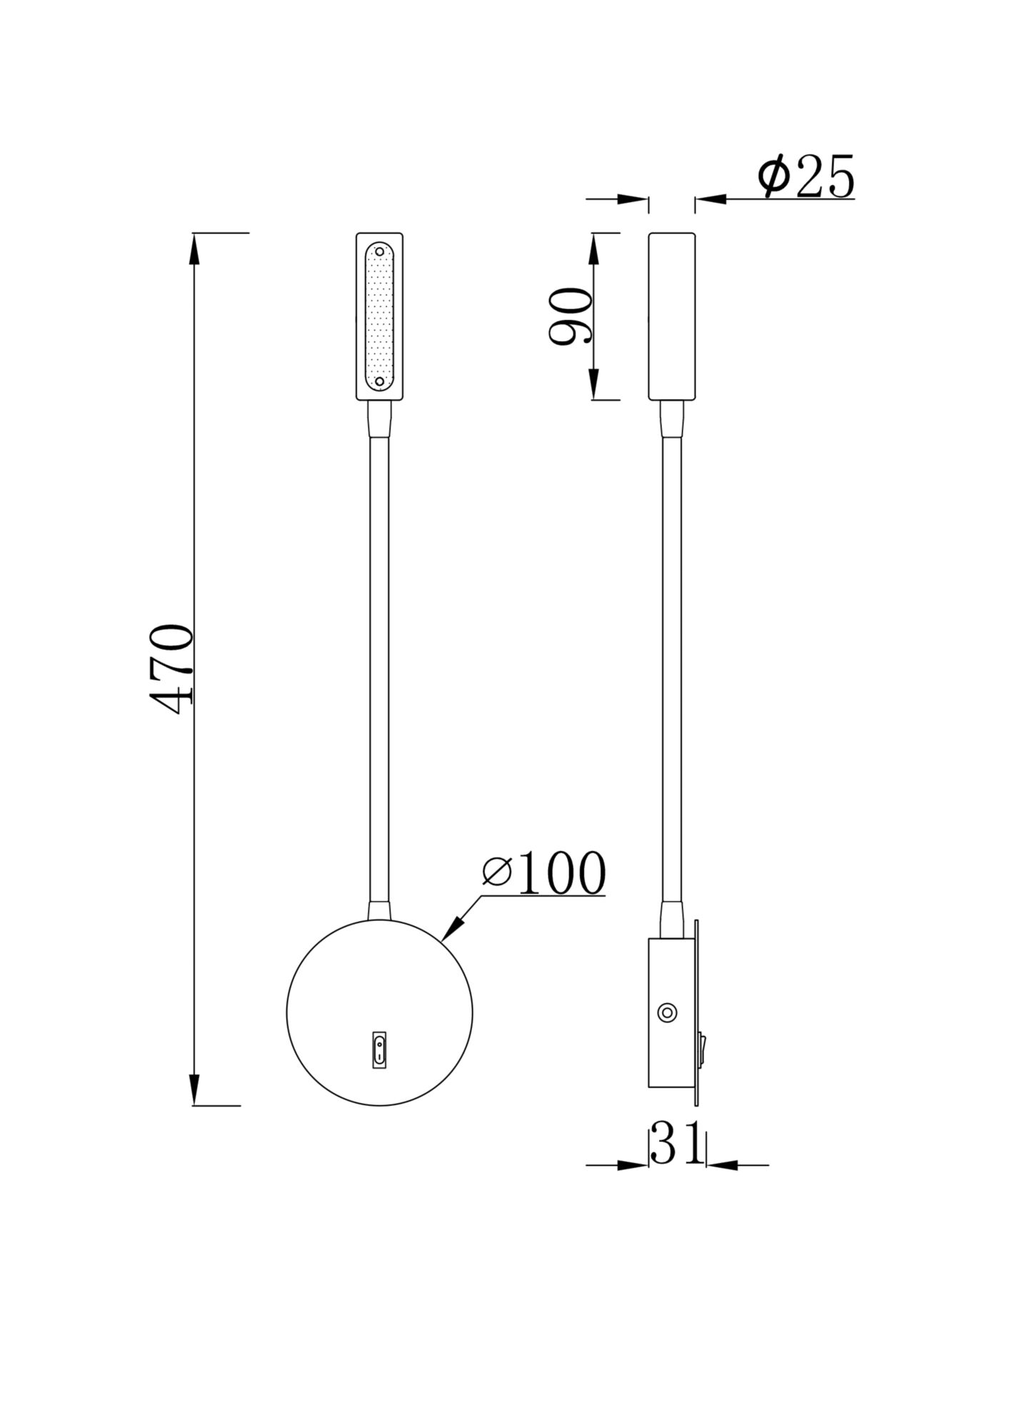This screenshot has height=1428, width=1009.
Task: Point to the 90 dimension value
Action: click(571, 316)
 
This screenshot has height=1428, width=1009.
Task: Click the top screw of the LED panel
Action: click(379, 252)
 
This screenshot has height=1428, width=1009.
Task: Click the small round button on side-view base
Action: click(668, 1012)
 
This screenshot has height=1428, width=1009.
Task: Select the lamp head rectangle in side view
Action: click(671, 316)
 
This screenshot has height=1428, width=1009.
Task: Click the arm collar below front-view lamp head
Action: click(379, 420)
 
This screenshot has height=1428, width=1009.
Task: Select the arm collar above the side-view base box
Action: click(672, 920)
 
